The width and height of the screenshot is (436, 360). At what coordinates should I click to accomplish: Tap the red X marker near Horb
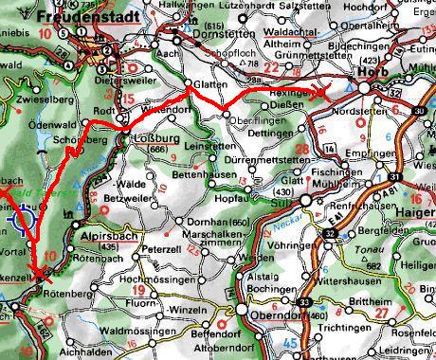322,91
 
